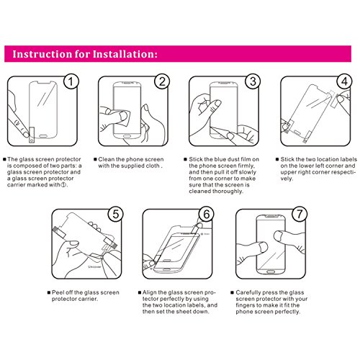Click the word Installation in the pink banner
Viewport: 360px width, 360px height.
click(x=125, y=54)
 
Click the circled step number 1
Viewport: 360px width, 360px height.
click(x=71, y=81)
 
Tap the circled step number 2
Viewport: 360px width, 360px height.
click(x=162, y=81)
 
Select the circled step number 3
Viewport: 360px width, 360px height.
click(x=253, y=81)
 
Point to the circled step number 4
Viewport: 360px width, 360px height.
click(x=344, y=81)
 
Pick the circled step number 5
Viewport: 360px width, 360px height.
click(x=116, y=214)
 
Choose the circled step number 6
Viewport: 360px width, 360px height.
click(x=207, y=214)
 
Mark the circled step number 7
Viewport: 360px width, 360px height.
click(x=300, y=214)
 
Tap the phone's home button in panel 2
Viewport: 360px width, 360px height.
click(x=127, y=136)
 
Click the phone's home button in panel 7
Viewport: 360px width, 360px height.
click(x=271, y=271)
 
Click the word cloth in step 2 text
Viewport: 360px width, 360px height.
click(x=153, y=166)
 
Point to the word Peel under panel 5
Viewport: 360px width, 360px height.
click(x=58, y=292)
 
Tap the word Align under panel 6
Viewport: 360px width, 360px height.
click(x=150, y=292)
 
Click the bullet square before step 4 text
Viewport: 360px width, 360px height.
click(x=277, y=159)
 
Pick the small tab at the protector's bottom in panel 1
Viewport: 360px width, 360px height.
click(x=32, y=135)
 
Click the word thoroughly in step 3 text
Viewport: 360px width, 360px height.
click(x=228, y=192)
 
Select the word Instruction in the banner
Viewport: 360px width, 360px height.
click(x=42, y=54)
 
